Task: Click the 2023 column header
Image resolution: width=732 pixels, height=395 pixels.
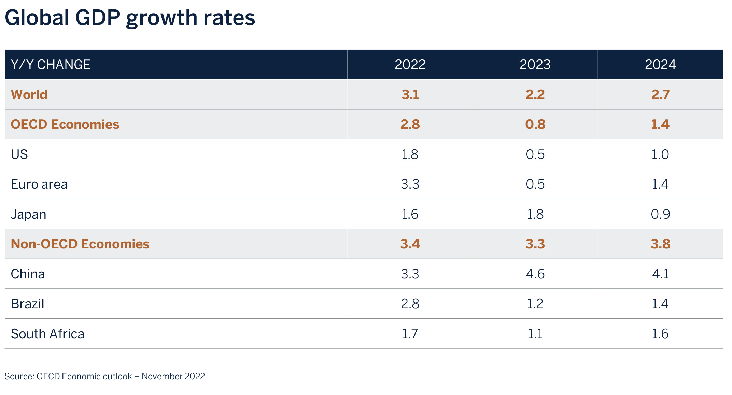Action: (535, 65)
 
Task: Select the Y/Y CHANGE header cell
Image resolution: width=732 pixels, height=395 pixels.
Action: (51, 65)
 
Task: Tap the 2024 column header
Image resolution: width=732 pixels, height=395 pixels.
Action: (660, 65)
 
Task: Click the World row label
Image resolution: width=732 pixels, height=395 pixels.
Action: (29, 95)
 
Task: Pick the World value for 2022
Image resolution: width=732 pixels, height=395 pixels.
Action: (410, 95)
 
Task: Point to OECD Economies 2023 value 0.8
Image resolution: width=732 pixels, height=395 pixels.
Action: (535, 124)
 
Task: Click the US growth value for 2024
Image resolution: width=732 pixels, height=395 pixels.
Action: (660, 154)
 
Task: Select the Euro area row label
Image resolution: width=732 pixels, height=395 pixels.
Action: (39, 185)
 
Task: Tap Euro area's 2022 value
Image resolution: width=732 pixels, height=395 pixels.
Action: (410, 185)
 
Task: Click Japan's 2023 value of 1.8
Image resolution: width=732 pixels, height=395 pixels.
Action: (535, 214)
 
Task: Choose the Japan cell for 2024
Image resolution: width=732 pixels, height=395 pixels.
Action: (660, 214)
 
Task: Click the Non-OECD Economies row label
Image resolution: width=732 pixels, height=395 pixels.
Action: (80, 244)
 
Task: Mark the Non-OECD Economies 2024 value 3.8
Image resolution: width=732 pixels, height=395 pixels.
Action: (660, 244)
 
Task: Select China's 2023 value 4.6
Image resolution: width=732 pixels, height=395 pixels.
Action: (535, 274)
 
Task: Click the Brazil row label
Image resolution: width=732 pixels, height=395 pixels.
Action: (28, 304)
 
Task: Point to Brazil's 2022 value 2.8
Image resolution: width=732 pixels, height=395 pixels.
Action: (410, 304)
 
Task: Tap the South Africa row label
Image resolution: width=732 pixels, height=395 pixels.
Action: (47, 334)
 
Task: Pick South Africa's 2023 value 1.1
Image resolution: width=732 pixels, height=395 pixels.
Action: (535, 334)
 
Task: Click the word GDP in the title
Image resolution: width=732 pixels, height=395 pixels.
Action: (98, 18)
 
